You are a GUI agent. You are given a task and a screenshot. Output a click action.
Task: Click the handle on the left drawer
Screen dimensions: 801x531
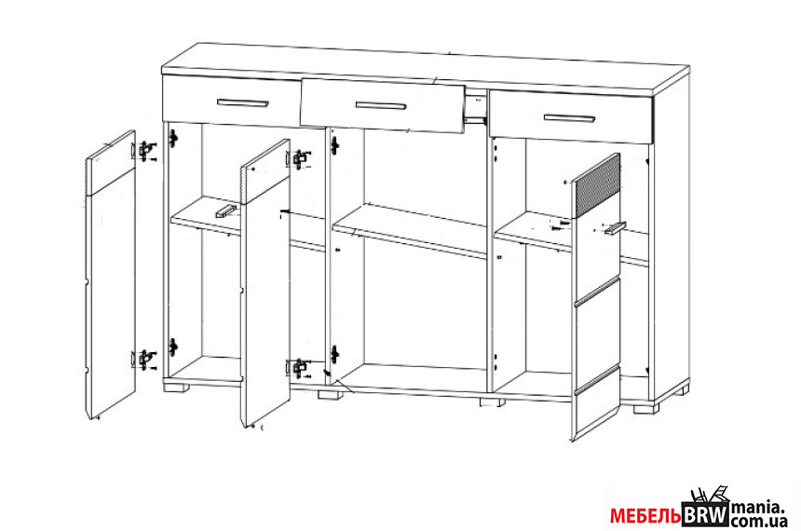tap(242, 103)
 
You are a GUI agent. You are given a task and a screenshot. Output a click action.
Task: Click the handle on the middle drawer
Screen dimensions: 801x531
tap(381, 106)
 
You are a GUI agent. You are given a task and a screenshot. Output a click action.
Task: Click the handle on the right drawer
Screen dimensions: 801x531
tap(569, 118)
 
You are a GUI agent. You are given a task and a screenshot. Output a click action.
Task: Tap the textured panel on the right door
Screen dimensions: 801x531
tap(596, 185)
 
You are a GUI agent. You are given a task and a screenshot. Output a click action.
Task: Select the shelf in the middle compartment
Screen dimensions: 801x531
tap(409, 231)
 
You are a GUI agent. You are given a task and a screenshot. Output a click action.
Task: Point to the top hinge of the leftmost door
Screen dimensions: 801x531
tap(146, 151)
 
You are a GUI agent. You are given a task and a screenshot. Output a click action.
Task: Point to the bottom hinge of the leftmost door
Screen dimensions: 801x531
tap(145, 360)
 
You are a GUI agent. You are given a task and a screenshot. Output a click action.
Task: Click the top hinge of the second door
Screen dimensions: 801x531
tap(300, 159)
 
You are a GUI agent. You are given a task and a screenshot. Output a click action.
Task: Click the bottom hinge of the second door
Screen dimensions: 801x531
tap(299, 368)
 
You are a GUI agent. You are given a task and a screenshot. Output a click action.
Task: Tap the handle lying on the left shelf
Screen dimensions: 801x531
tap(225, 211)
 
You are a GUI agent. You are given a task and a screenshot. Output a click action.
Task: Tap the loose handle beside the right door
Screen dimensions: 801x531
tap(615, 228)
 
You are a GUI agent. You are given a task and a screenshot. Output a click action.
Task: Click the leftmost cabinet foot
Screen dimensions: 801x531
tap(176, 387)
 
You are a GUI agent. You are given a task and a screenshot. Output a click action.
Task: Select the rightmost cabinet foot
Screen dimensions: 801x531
tap(646, 408)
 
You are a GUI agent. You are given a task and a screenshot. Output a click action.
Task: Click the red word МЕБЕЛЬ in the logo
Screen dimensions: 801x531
tap(645, 516)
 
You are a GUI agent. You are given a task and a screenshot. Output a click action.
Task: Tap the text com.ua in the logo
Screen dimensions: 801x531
tap(757, 522)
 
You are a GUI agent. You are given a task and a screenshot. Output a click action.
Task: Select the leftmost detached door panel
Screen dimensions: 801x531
tap(110, 275)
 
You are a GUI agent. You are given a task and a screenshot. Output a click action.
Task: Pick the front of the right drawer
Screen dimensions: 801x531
tap(571, 116)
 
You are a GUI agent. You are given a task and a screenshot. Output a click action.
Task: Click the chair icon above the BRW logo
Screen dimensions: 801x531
tap(709, 495)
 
